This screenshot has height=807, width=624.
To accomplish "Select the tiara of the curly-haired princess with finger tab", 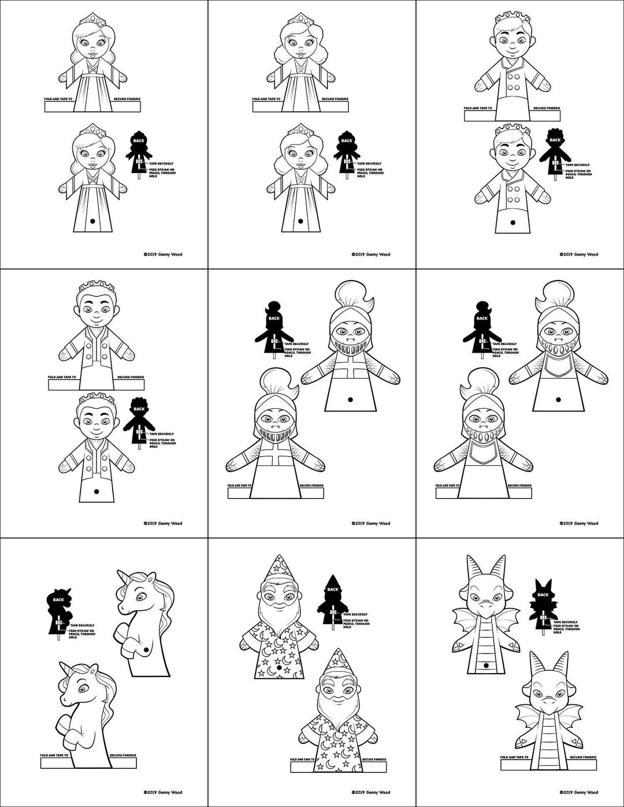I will [300, 20].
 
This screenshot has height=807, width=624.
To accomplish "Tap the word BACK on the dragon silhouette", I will [543, 595].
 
